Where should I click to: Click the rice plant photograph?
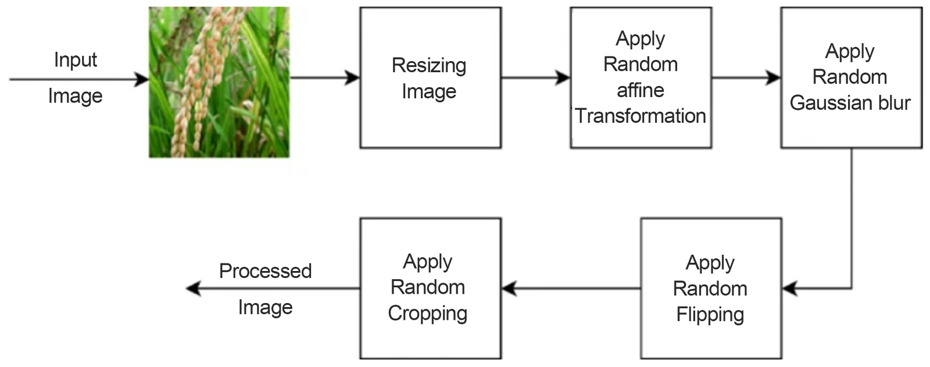pyautogui.click(x=219, y=82)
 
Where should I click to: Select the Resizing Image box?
pyautogui.click(x=430, y=77)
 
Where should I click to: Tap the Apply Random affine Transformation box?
pyautogui.click(x=641, y=77)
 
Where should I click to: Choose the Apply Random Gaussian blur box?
pyautogui.click(x=851, y=77)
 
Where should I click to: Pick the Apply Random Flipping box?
pyautogui.click(x=710, y=288)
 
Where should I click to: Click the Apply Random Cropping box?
pyautogui.click(x=430, y=288)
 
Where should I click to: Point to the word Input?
pyautogui.click(x=76, y=60)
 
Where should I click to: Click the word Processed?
pyautogui.click(x=265, y=271)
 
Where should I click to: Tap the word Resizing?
pyautogui.click(x=429, y=66)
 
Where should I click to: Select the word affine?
pyautogui.click(x=641, y=90)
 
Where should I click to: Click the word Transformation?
pyautogui.click(x=641, y=116)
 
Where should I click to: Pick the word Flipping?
pyautogui.click(x=710, y=315)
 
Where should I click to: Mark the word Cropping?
pyautogui.click(x=428, y=313)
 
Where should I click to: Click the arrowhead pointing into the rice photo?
pyautogui.click(x=142, y=79)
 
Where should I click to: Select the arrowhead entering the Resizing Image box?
pyautogui.click(x=353, y=77)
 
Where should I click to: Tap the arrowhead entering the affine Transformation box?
pyautogui.click(x=563, y=77)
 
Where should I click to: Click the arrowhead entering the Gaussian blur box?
pyautogui.click(x=774, y=77)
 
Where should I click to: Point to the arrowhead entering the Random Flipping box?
pyautogui.click(x=789, y=288)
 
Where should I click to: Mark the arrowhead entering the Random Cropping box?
pyautogui.click(x=509, y=288)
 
